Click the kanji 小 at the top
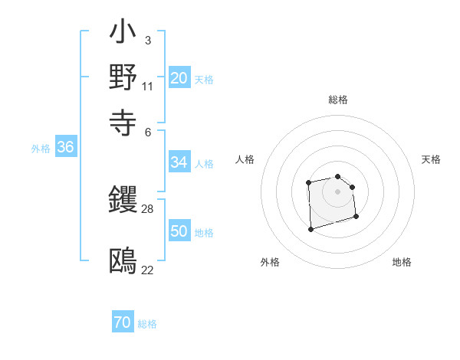point(123,34)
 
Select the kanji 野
point(123,77)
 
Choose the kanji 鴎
point(123,261)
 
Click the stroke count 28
point(149,208)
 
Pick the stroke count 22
point(148,270)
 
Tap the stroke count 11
point(148,86)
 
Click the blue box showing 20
point(179,77)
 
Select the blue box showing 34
point(179,162)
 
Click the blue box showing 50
point(179,231)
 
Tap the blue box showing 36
point(65,148)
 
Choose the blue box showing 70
point(122,322)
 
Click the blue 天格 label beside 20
point(204,79)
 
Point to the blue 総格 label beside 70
point(147,324)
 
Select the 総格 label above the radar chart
point(337,100)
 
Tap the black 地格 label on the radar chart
point(402,262)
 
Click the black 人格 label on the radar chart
point(245,159)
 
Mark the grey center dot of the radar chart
point(337,191)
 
